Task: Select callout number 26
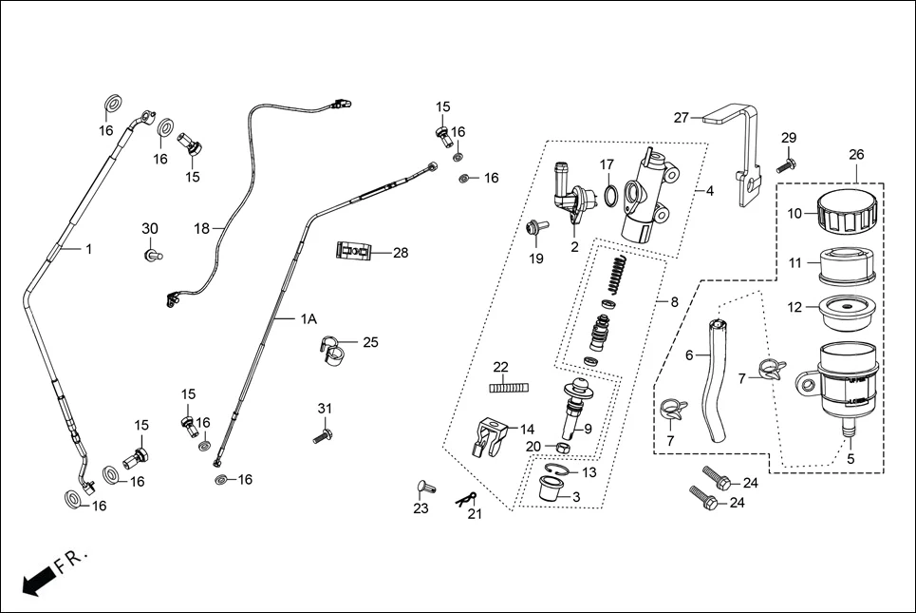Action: [x=855, y=154]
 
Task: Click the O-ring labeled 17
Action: [x=614, y=196]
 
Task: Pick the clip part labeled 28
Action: [x=352, y=253]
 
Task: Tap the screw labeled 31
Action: [x=322, y=436]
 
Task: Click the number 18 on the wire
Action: [x=201, y=228]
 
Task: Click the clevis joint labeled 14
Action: [x=488, y=435]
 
